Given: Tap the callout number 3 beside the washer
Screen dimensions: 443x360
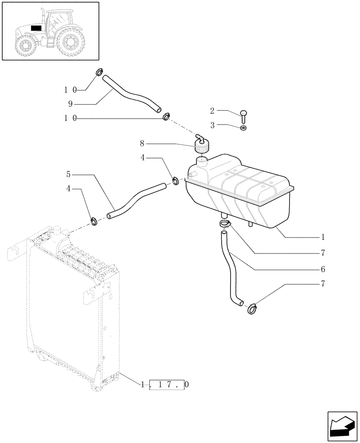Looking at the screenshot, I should pos(212,125).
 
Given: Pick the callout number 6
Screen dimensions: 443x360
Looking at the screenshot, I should pos(323,269).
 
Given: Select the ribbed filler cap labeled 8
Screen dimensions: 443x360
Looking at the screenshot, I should pos(202,147).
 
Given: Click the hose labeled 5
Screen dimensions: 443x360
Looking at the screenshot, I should pos(137,199).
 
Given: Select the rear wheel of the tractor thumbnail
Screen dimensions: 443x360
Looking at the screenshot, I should pos(70,43).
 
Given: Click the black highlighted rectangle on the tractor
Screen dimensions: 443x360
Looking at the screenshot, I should pos(36,28).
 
